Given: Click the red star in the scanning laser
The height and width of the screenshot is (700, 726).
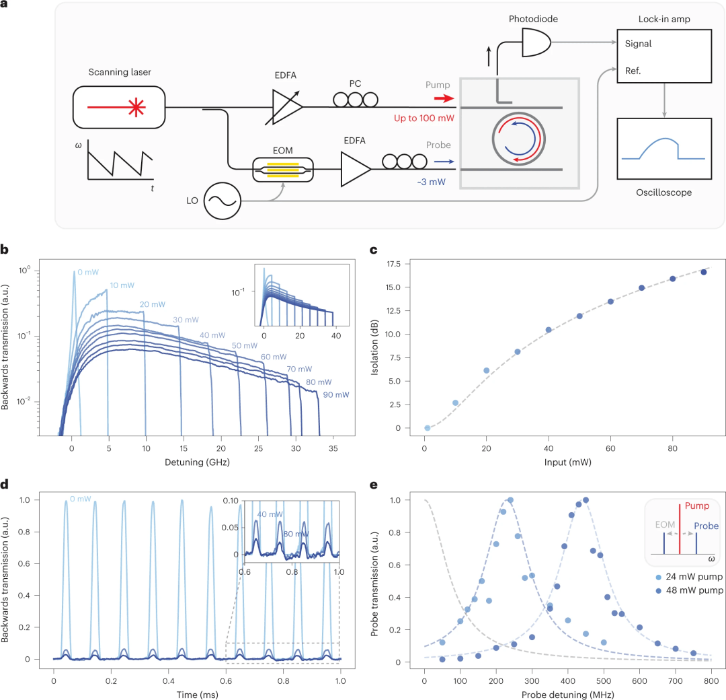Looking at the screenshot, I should coord(138,107).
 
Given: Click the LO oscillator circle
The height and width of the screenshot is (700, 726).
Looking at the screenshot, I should coord(221,201).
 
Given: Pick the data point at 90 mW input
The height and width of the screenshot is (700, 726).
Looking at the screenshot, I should coord(704,272).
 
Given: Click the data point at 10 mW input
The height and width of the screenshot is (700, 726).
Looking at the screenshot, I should coord(455,403).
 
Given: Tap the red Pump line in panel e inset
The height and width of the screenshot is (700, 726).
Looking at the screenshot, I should coord(680,528).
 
